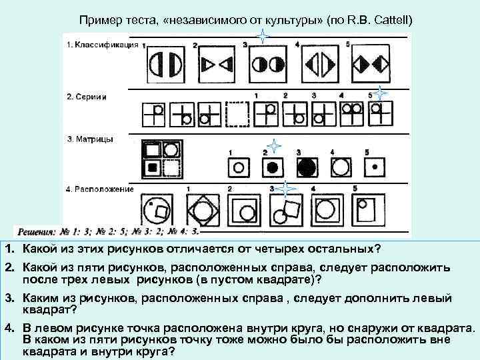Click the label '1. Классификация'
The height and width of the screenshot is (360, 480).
102,45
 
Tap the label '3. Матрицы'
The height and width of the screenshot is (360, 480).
89,139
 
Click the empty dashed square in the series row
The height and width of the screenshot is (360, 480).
239,114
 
